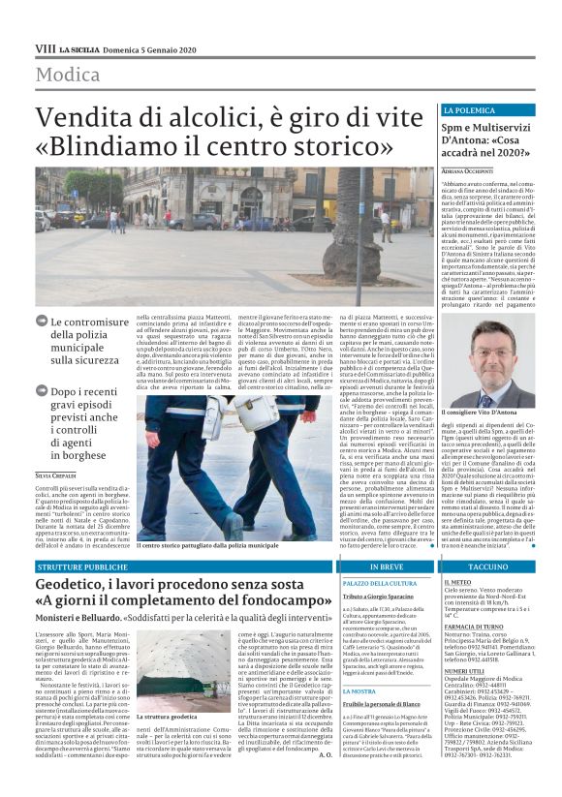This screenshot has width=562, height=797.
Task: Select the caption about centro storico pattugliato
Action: point(207,546)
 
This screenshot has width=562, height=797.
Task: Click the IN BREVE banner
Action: point(386,565)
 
